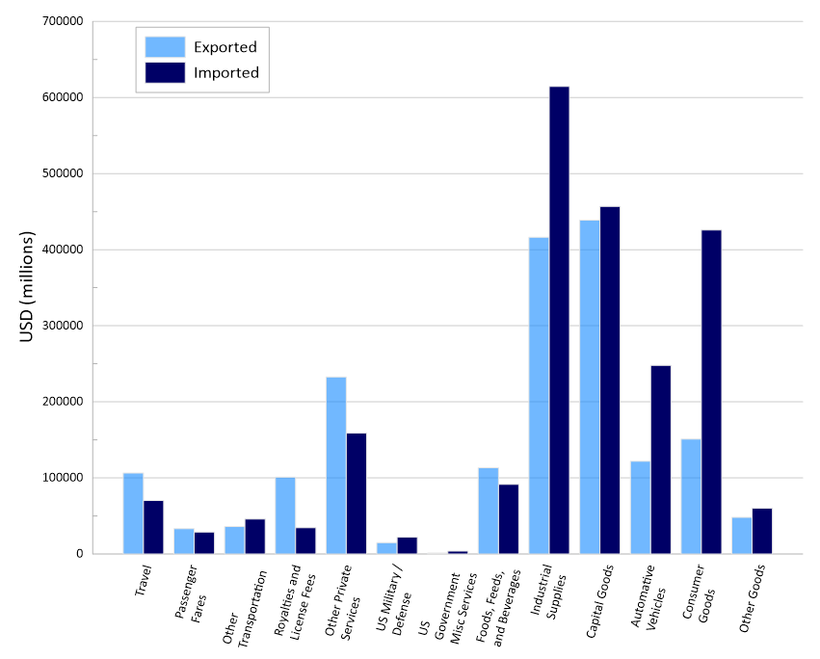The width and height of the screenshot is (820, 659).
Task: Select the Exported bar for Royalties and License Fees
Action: [285, 514]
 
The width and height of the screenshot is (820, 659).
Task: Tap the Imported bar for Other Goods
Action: [762, 531]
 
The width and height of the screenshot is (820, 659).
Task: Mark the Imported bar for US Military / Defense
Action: [407, 545]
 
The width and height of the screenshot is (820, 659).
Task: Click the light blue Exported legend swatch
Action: [165, 46]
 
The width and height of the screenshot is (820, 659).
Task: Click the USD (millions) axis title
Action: [26, 287]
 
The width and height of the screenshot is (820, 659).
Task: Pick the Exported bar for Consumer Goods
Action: [691, 496]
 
